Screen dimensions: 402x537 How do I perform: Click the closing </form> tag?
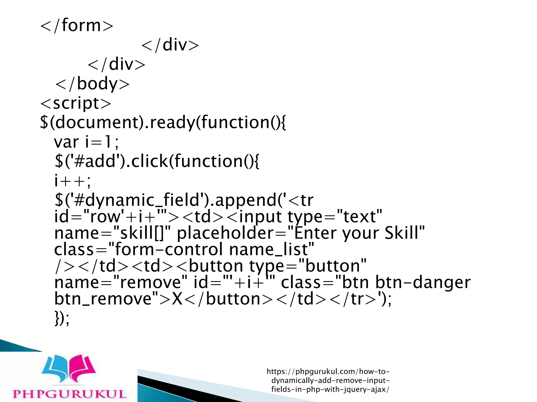tap(77, 25)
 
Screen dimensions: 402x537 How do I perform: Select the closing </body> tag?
tap(93, 84)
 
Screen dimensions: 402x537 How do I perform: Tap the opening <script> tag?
tap(76, 103)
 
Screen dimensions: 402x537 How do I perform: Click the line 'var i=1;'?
tap(86, 142)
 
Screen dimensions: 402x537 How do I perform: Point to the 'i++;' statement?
tap(72, 181)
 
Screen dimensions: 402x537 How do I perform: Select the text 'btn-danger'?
tap(423, 282)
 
